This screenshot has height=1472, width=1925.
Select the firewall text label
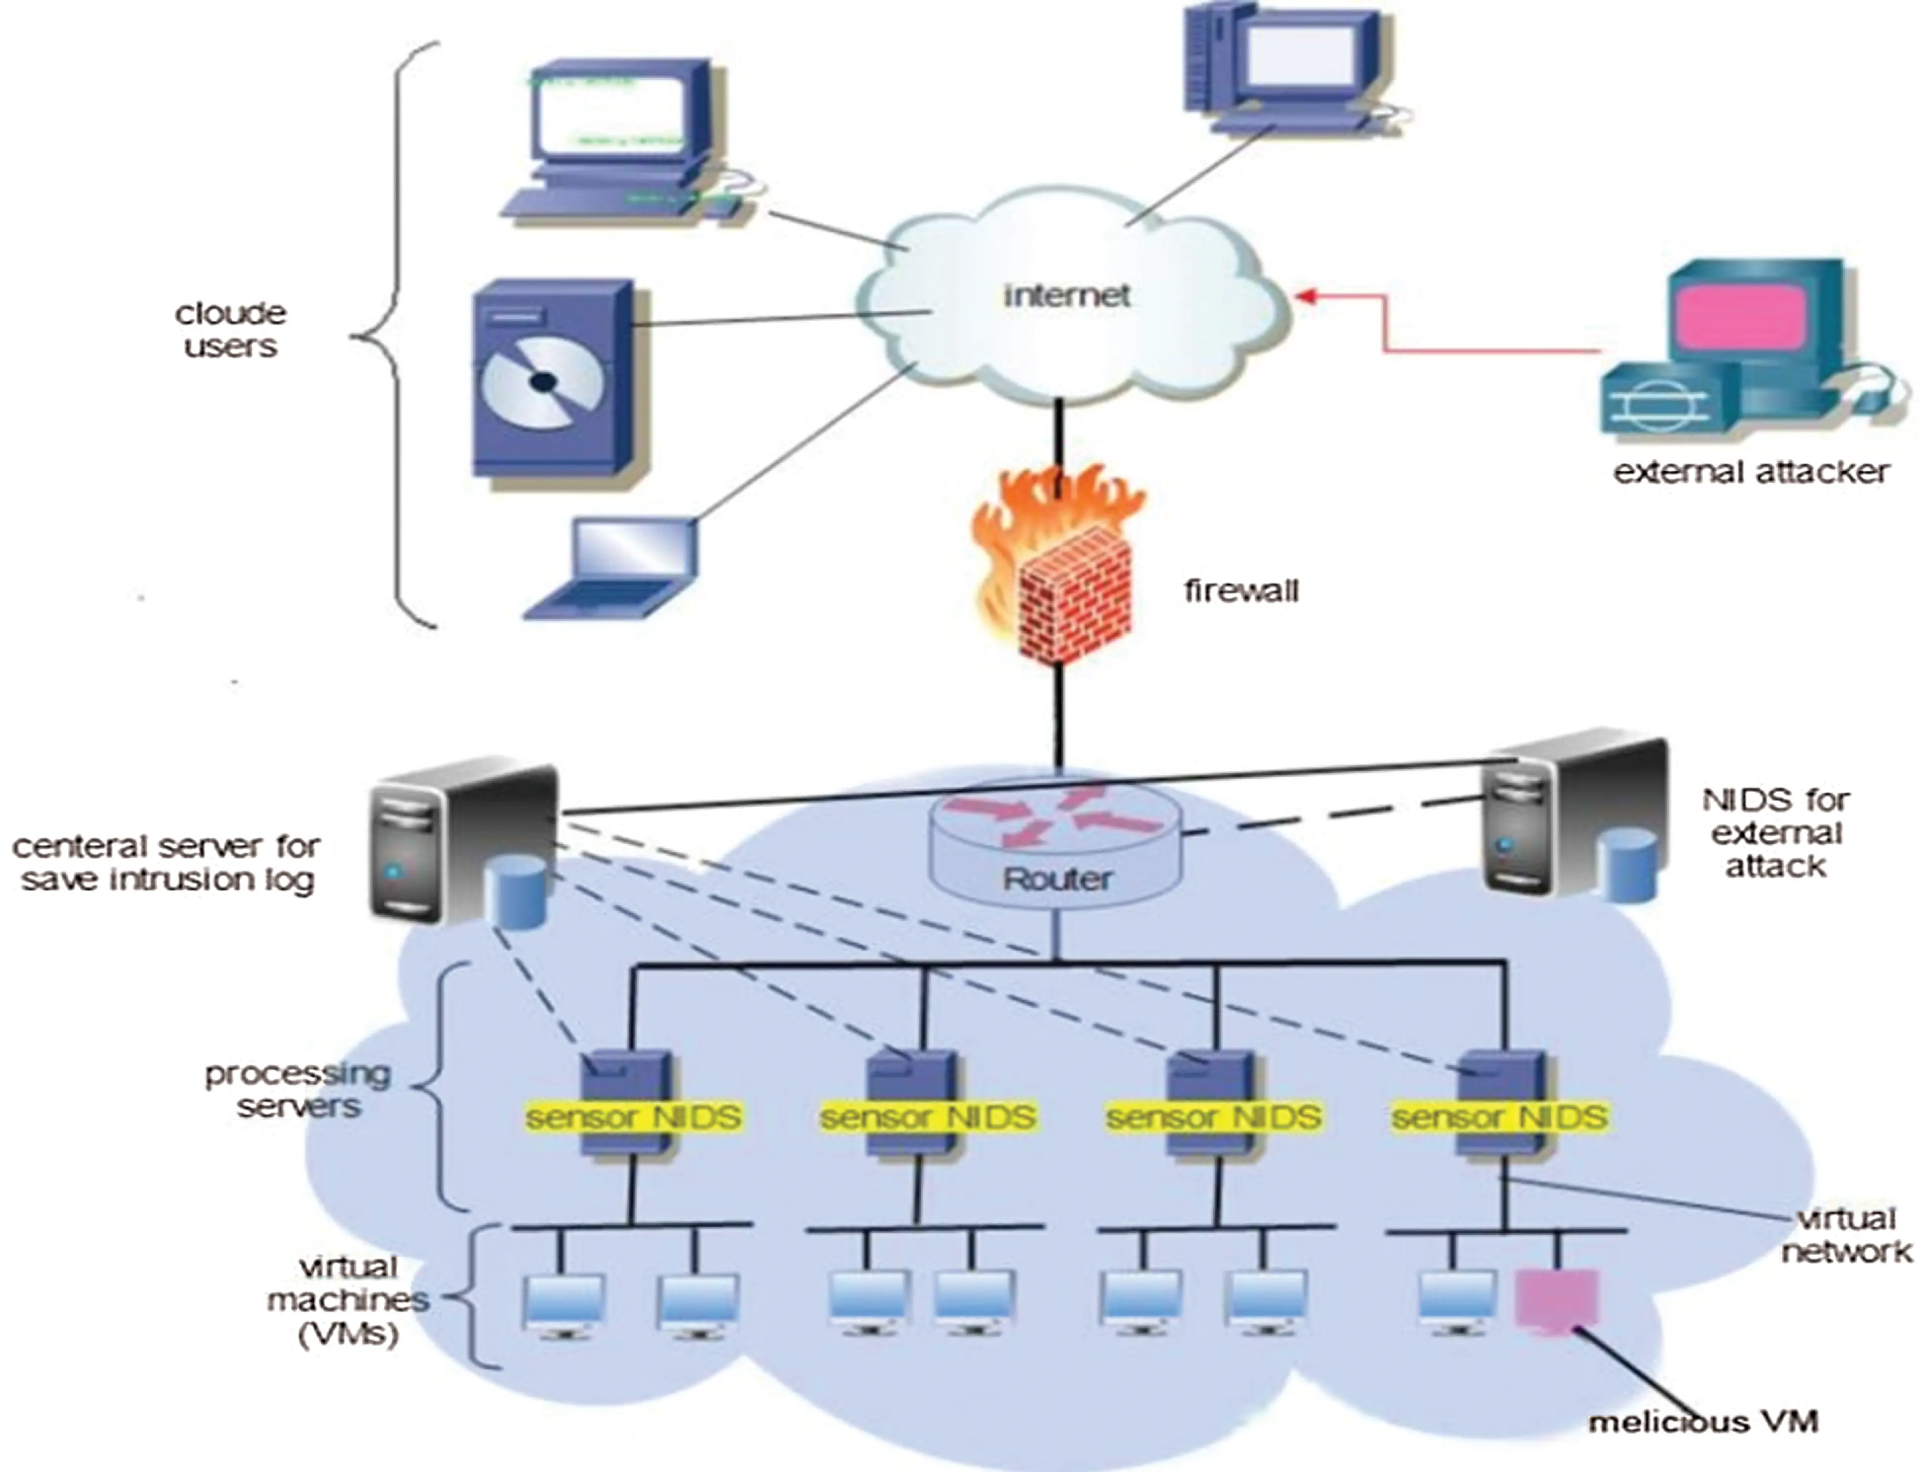click(1241, 591)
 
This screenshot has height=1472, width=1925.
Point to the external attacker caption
click(1751, 472)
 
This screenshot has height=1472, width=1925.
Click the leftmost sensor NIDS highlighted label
click(633, 1117)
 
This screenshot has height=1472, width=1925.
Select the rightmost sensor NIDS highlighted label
click(1499, 1117)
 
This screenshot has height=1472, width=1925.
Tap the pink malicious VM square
click(1556, 1301)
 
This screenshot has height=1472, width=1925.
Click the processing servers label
click(298, 1089)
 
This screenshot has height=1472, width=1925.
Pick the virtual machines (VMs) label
click(349, 1300)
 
